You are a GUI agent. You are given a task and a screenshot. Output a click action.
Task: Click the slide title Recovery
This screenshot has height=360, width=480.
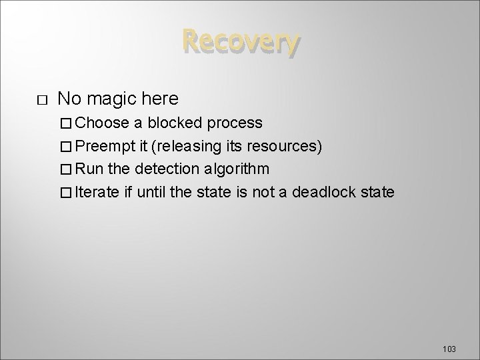pyautogui.click(x=239, y=43)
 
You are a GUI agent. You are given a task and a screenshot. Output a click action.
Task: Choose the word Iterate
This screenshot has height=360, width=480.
pyautogui.click(x=97, y=193)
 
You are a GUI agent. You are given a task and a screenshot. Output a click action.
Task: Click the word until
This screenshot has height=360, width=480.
pyautogui.click(x=149, y=193)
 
